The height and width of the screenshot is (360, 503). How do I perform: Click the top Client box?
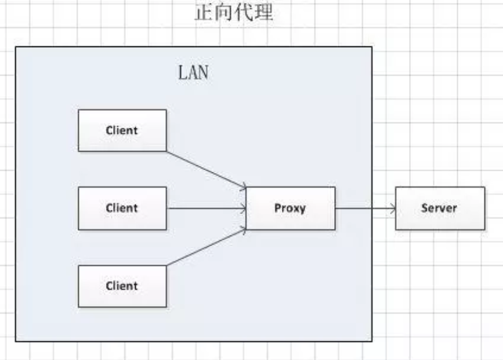pyautogui.click(x=122, y=131)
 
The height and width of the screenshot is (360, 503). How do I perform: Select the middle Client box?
pyautogui.click(x=122, y=208)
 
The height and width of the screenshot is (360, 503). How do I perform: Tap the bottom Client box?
pyautogui.click(x=122, y=286)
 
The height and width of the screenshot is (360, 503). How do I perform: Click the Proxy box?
pyautogui.click(x=291, y=208)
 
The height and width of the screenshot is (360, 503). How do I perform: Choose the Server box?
pyautogui.click(x=440, y=208)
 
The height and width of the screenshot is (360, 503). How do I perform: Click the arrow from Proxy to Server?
pyautogui.click(x=365, y=208)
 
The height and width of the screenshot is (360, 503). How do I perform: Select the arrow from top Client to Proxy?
pyautogui.click(x=207, y=170)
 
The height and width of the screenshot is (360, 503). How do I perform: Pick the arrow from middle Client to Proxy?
pyautogui.click(x=207, y=208)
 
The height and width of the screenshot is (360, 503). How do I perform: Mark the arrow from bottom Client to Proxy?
pyautogui.click(x=207, y=248)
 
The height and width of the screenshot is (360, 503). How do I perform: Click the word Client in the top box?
pyautogui.click(x=122, y=131)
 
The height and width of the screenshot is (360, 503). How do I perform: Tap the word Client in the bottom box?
pyautogui.click(x=122, y=286)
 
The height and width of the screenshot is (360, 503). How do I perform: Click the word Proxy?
pyautogui.click(x=290, y=208)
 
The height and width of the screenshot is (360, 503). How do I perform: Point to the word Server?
pyautogui.click(x=439, y=208)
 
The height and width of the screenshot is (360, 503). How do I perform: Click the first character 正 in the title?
pyautogui.click(x=204, y=13)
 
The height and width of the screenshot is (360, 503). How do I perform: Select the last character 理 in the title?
pyautogui.click(x=263, y=13)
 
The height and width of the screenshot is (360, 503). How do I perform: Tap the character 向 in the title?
pyautogui.click(x=224, y=13)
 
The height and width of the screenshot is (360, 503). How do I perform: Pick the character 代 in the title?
pyautogui.click(x=244, y=13)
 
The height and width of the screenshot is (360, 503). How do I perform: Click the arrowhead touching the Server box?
pyautogui.click(x=393, y=208)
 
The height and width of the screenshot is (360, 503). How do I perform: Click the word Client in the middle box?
pyautogui.click(x=122, y=208)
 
